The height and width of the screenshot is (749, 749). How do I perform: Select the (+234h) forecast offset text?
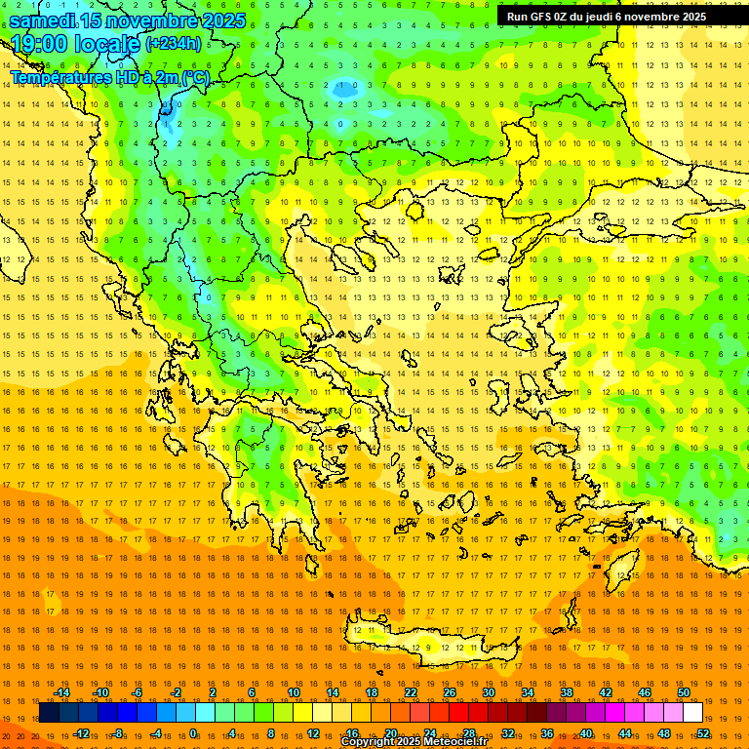(174, 44)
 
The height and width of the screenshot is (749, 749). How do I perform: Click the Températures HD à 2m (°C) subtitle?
(109, 76)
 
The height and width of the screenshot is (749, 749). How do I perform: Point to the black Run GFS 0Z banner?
(606, 16)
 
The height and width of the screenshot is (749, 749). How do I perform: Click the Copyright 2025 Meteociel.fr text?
(414, 742)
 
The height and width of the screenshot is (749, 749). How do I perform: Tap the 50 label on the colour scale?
(684, 692)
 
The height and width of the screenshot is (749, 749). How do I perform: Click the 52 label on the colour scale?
(703, 732)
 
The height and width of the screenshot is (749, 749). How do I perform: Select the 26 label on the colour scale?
(450, 692)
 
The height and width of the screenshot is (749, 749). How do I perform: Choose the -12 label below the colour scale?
(81, 732)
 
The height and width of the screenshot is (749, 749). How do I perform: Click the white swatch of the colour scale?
(692, 712)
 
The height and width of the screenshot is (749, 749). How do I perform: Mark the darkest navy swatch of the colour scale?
(49, 712)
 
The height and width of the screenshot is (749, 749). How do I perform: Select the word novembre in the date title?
(147, 20)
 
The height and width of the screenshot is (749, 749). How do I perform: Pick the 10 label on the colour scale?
(294, 692)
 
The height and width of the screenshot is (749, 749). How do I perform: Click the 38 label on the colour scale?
(567, 692)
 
